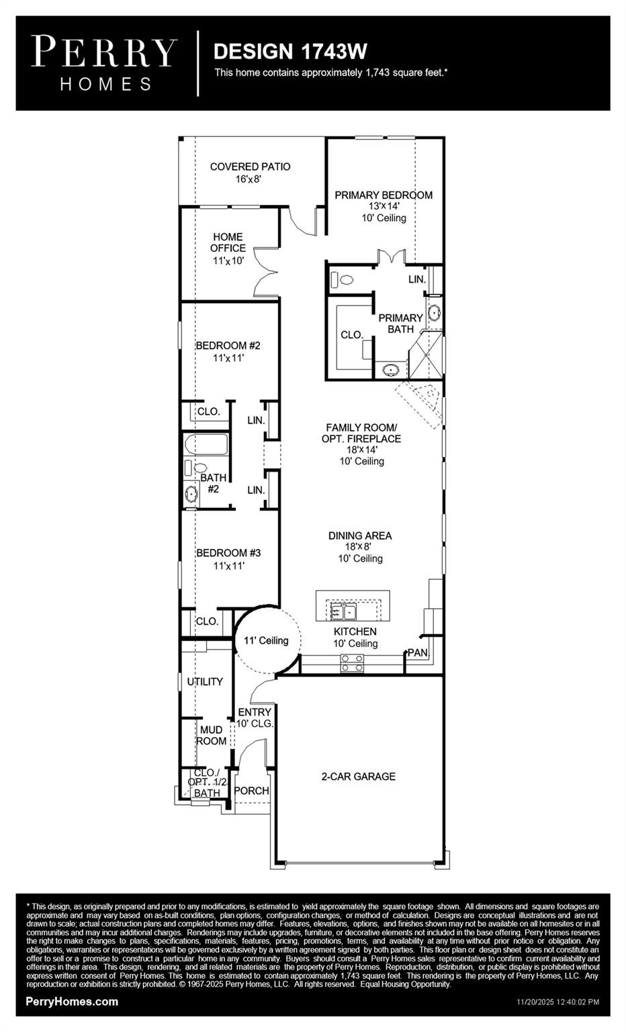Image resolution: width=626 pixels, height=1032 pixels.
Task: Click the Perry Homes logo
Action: tap(105, 63)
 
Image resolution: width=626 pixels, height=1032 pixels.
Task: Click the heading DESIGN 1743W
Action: tap(290, 51)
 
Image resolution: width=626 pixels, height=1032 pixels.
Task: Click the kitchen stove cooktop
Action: tap(353, 663)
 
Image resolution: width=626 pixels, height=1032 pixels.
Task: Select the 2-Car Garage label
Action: tap(358, 776)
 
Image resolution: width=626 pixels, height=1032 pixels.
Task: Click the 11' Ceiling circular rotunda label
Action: tap(266, 640)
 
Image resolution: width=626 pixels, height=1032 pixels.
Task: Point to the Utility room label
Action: tap(205, 681)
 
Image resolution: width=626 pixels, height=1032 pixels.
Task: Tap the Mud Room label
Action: tap(211, 735)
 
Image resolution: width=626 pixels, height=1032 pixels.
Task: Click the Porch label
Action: tap(251, 791)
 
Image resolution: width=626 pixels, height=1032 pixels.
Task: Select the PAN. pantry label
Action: tap(417, 652)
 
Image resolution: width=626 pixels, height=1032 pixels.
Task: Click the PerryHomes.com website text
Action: tap(72, 1001)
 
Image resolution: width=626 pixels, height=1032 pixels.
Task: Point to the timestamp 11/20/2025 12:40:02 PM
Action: tap(557, 1002)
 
